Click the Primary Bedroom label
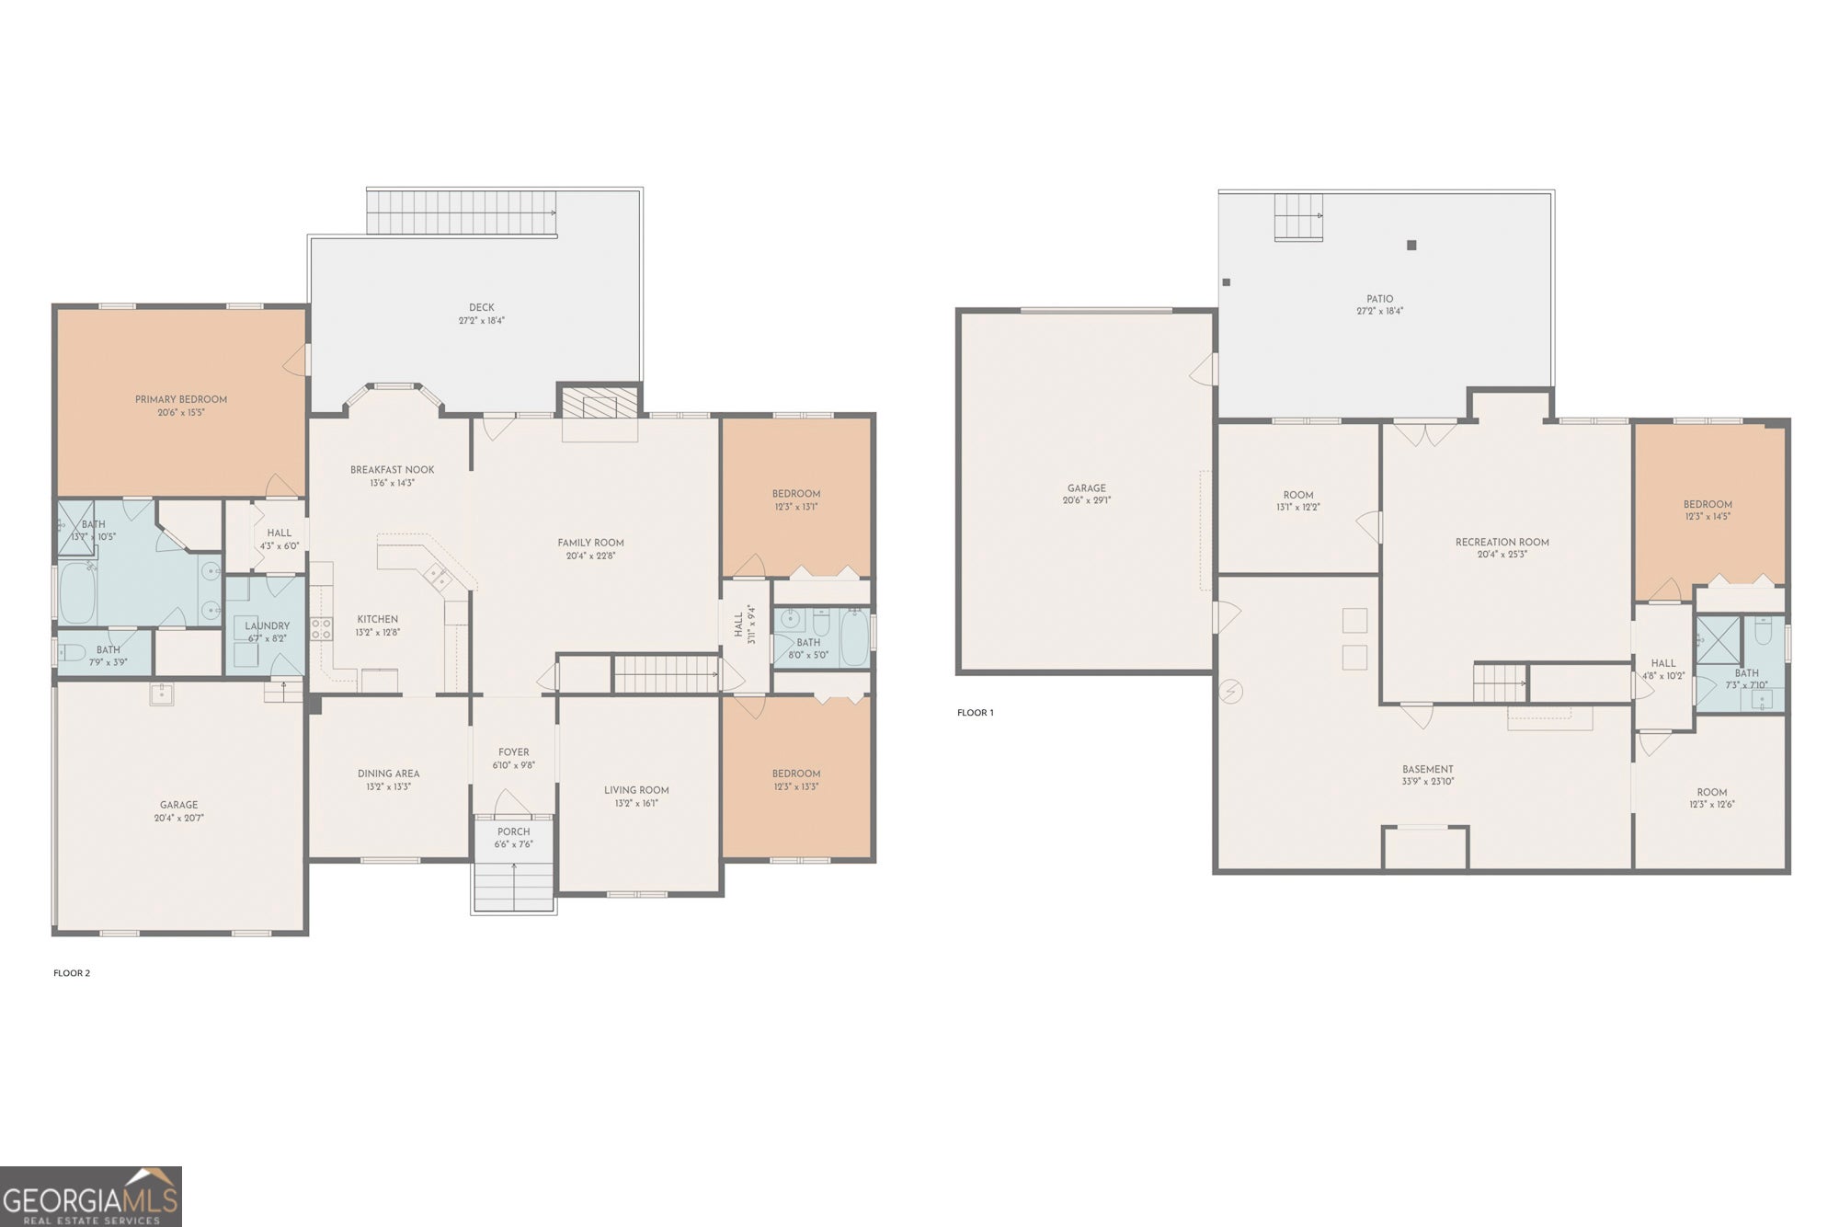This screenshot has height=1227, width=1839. pyautogui.click(x=181, y=399)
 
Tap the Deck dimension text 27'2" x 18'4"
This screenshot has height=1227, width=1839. pyautogui.click(x=482, y=321)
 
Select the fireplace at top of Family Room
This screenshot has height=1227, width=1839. pyautogui.click(x=600, y=403)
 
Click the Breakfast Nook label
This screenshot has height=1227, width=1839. pyautogui.click(x=393, y=470)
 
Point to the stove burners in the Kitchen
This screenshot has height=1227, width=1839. pyautogui.click(x=321, y=629)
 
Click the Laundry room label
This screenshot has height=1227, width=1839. pyautogui.click(x=267, y=625)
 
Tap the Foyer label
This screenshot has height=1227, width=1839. pyautogui.click(x=513, y=751)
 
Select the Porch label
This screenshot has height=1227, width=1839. pyautogui.click(x=513, y=831)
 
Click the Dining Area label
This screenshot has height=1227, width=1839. pyautogui.click(x=388, y=774)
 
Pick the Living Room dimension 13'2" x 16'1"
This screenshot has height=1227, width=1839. pyautogui.click(x=636, y=803)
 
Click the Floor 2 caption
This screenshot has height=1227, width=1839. pyautogui.click(x=72, y=973)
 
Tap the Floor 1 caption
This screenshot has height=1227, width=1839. pyautogui.click(x=976, y=713)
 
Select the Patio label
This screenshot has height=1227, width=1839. pyautogui.click(x=1379, y=299)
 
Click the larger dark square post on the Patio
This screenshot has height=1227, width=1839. pyautogui.click(x=1411, y=245)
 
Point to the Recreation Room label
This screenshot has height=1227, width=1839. pyautogui.click(x=1502, y=543)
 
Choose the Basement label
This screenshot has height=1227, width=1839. pyautogui.click(x=1427, y=769)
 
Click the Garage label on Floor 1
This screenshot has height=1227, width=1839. pyautogui.click(x=1087, y=488)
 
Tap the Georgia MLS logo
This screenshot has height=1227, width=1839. pyautogui.click(x=90, y=1197)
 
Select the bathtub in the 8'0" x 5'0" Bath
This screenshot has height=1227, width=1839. pyautogui.click(x=854, y=637)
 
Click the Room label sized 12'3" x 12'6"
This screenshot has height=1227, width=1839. pyautogui.click(x=1711, y=792)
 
